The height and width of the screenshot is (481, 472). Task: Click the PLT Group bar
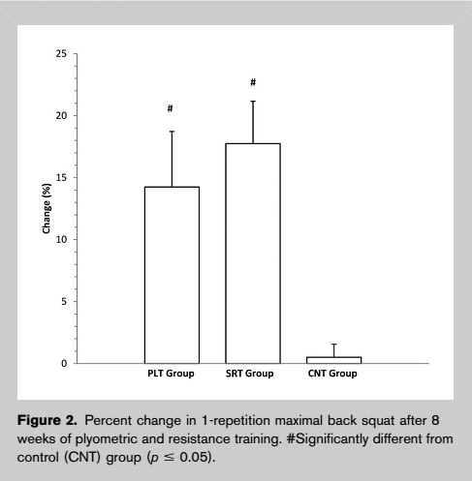[172, 275]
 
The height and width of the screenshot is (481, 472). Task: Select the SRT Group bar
[253, 254]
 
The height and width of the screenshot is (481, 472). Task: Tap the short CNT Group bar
[334, 360]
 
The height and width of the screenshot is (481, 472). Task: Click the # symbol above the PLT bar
[171, 108]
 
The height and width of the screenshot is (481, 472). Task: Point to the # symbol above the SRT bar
[253, 82]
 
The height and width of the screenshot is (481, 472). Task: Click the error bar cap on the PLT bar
[172, 132]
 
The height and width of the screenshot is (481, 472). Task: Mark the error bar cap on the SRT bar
[253, 102]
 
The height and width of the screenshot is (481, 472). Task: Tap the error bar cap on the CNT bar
[334, 345]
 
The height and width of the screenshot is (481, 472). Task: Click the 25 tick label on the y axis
[61, 53]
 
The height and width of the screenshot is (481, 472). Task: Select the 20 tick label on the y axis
[61, 115]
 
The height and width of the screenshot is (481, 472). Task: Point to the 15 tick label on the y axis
[61, 177]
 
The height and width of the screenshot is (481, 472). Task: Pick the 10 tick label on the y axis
[61, 239]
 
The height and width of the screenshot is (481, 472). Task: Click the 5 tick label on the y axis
[64, 301]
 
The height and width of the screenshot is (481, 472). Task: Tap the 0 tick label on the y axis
[64, 363]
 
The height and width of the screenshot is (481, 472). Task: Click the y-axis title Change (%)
[47, 208]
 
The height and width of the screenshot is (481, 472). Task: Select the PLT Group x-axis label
[171, 374]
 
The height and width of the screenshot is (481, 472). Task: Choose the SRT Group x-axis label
[249, 374]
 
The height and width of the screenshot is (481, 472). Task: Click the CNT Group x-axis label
[332, 374]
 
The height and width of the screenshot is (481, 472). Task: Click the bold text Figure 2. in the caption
[47, 420]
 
